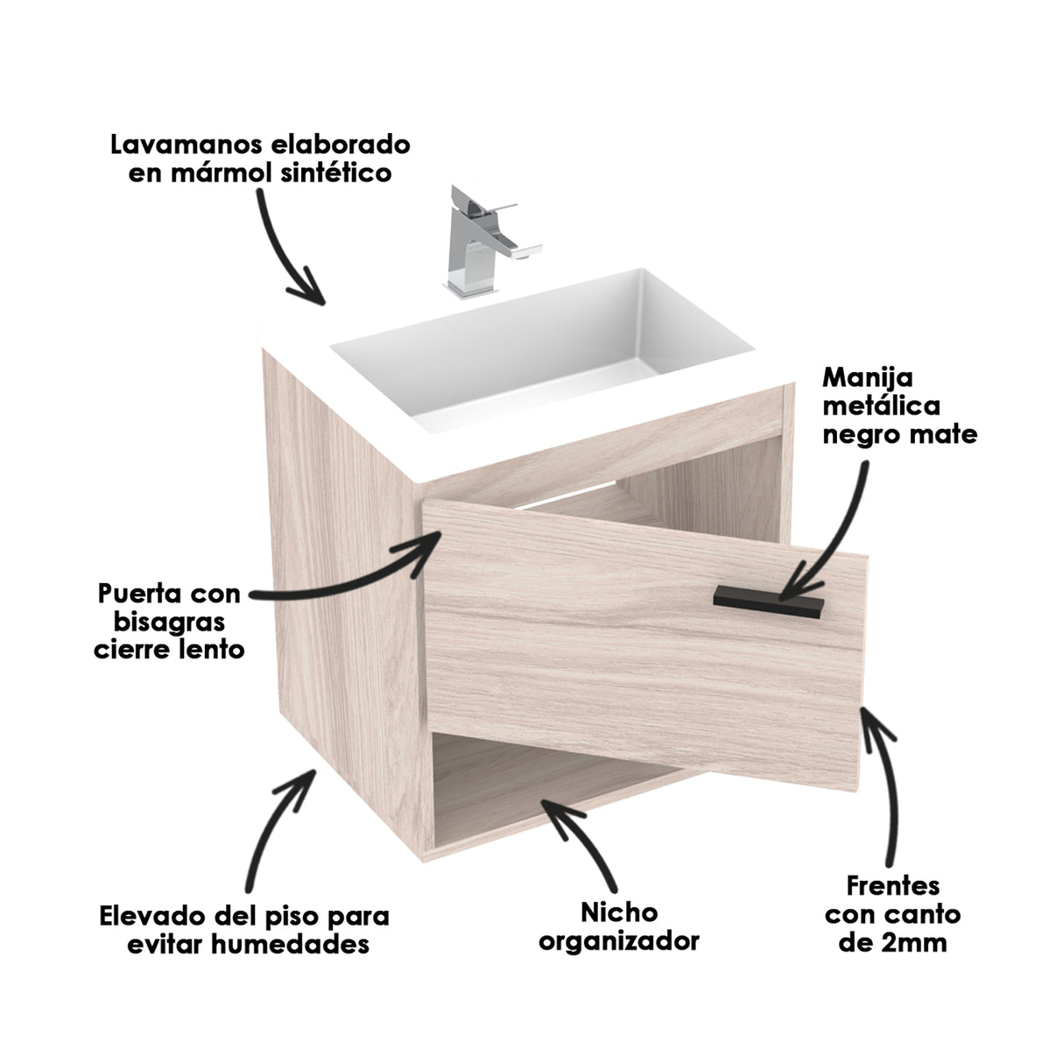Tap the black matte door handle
(769, 602)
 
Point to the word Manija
(868, 377)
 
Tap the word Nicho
(618, 912)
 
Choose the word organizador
(618, 941)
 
